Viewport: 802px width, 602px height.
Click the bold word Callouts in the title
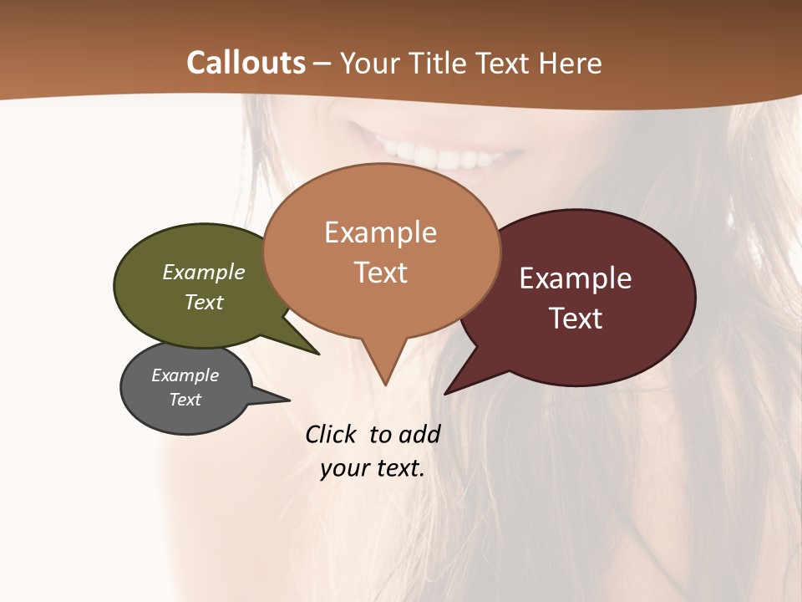[246, 63]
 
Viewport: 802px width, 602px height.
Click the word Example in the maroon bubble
[576, 278]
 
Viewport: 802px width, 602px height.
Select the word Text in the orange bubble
[381, 273]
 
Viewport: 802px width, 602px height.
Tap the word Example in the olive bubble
[204, 273]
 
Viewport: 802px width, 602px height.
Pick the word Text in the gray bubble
[185, 400]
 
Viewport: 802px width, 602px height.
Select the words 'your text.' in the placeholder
[373, 468]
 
